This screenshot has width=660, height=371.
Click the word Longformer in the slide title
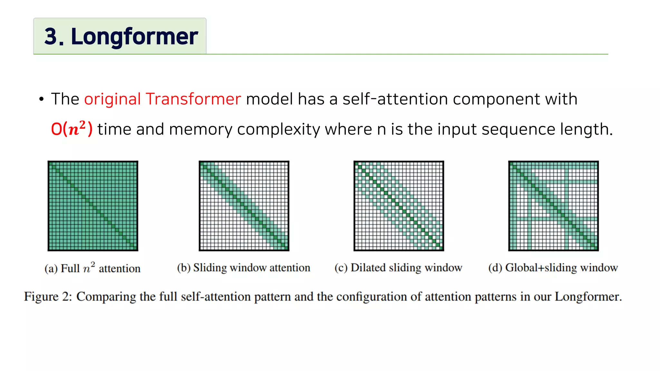click(134, 36)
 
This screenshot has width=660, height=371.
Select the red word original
click(112, 99)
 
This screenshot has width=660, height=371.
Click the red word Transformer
click(193, 99)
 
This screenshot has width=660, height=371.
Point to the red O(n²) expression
click(72, 129)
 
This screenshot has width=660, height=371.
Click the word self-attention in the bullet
click(395, 99)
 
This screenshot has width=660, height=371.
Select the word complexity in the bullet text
click(278, 129)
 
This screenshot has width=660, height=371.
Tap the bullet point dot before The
click(41, 100)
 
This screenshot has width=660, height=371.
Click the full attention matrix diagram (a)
click(93, 206)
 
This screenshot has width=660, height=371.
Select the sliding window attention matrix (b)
click(244, 206)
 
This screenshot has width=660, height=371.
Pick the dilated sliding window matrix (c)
click(399, 206)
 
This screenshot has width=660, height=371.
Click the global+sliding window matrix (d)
click(553, 206)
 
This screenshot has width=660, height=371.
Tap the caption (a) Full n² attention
click(92, 268)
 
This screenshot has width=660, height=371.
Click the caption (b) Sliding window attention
click(244, 268)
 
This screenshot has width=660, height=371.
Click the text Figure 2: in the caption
click(48, 296)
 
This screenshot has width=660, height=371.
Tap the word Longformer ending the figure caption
click(587, 296)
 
